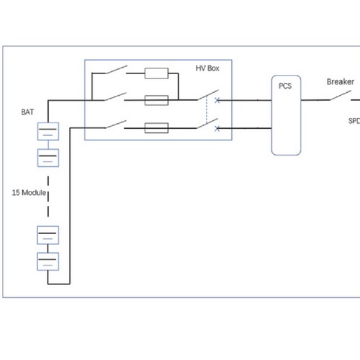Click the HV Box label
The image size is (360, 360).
(x=207, y=68)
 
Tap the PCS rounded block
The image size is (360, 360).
(x=286, y=115)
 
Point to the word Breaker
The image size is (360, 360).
(x=341, y=82)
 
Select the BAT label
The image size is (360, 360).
(x=27, y=112)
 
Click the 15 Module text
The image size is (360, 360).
(x=29, y=192)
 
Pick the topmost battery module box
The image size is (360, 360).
(x=48, y=131)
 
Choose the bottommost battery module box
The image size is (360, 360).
(x=48, y=261)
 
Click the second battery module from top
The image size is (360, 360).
(x=48, y=158)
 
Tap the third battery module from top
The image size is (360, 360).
(x=48, y=235)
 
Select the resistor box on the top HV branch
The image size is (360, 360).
(x=156, y=73)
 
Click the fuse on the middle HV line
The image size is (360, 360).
(x=156, y=100)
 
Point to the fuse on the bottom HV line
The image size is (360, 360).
(x=156, y=128)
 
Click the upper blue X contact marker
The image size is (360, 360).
(x=217, y=100)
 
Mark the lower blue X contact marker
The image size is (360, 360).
(x=217, y=129)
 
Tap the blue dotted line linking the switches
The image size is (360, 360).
(x=207, y=109)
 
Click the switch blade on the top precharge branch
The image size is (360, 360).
(x=117, y=69)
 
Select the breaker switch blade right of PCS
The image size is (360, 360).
(x=341, y=95)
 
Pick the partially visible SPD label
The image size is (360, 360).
(x=354, y=121)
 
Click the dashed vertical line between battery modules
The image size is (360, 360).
(x=48, y=197)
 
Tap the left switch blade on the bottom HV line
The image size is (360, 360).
(x=116, y=124)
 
